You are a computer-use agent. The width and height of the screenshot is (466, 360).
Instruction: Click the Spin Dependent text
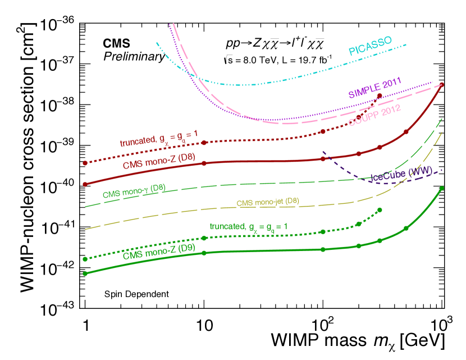tap(136, 293)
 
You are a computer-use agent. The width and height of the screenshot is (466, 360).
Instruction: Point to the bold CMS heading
tap(116, 43)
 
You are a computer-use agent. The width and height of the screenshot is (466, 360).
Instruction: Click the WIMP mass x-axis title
tap(358, 340)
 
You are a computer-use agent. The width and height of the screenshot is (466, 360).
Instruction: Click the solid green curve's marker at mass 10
tap(204, 253)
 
